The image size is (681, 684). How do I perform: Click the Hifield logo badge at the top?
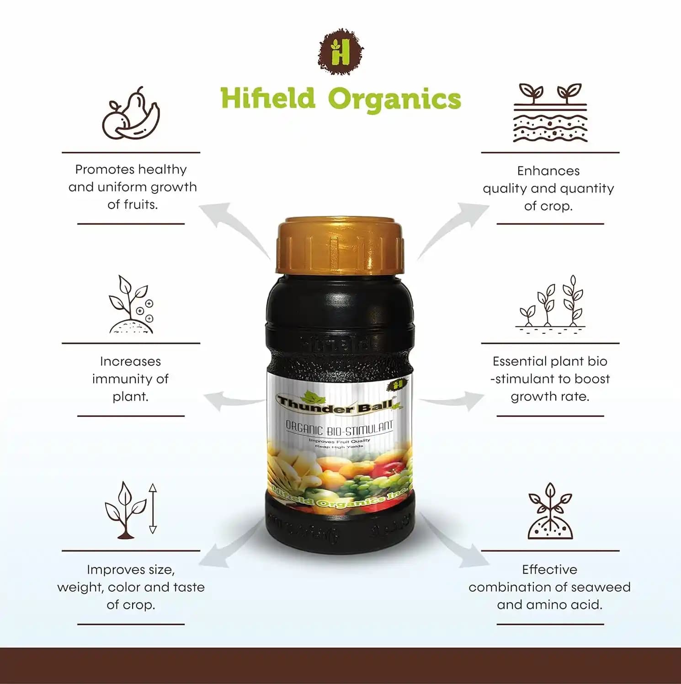(x=340, y=51)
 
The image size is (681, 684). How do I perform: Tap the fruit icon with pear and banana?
(x=131, y=114)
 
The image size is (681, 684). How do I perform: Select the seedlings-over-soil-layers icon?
(x=550, y=112)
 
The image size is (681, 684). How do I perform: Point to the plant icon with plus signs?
(x=131, y=305)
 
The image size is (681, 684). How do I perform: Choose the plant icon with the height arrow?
(x=131, y=510)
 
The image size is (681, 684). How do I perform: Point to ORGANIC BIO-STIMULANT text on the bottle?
(x=339, y=428)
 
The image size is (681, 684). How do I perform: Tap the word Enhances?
(x=548, y=171)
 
